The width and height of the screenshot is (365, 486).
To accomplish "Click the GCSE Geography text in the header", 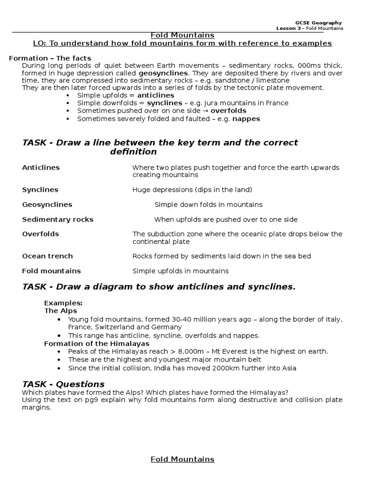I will (318, 23).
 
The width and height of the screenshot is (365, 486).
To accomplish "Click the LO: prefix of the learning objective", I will (39, 44).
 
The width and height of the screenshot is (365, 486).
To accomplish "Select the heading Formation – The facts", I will (50, 58).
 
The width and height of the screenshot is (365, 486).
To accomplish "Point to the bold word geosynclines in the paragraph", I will (163, 73).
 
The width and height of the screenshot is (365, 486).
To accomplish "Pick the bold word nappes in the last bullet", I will (246, 119).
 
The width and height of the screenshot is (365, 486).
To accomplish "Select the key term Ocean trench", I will (48, 256).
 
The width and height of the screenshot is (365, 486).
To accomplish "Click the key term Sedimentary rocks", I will (58, 219).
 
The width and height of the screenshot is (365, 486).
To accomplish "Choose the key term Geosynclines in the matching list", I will (47, 205).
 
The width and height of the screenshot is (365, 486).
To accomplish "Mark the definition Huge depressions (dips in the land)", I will (192, 189).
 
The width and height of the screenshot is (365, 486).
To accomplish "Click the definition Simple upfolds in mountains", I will (180, 271).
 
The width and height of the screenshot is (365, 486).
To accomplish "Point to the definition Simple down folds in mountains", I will (208, 205).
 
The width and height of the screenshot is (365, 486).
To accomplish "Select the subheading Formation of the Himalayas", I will (96, 343).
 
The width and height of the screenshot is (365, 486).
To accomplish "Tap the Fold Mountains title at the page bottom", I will (182, 459).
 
